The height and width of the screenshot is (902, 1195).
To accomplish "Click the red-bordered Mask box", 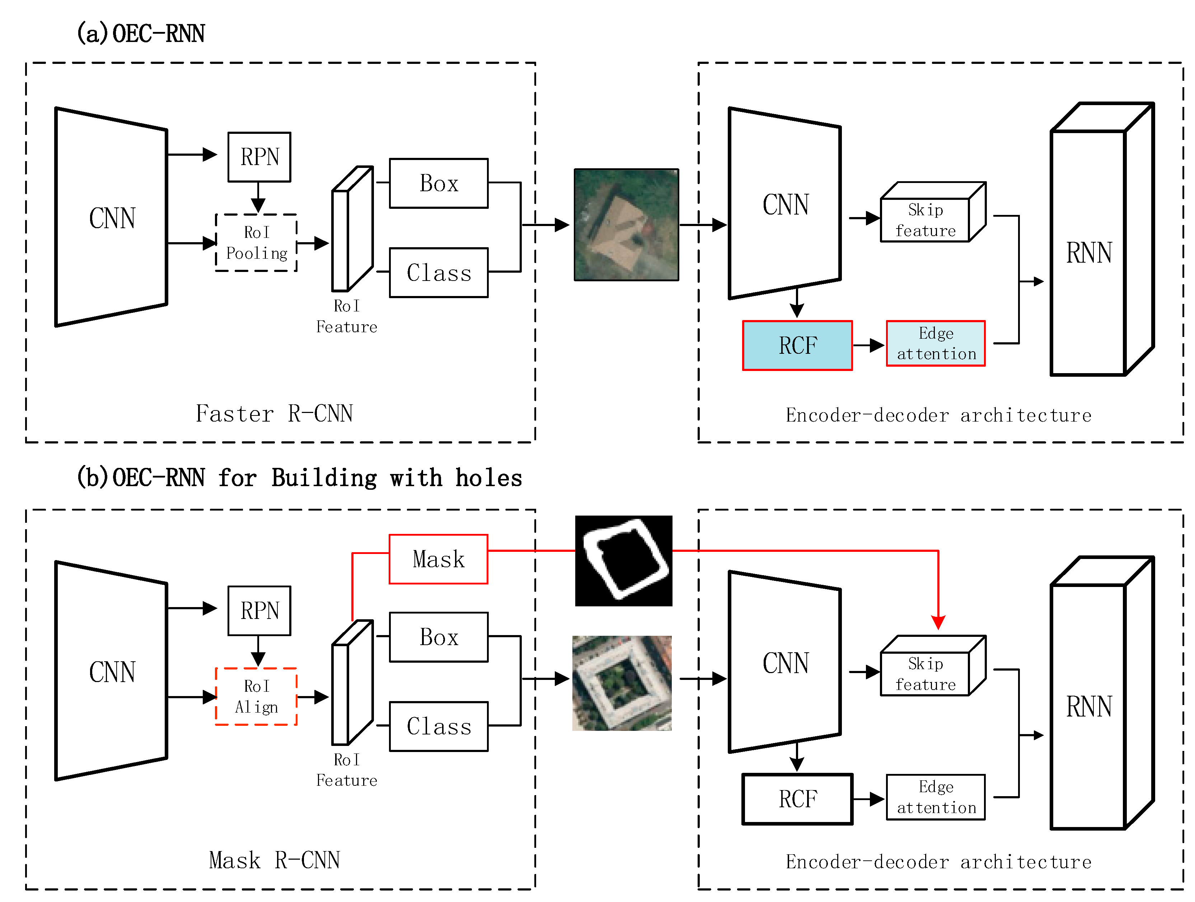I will [438, 559].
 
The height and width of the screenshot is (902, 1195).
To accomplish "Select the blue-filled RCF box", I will [797, 346].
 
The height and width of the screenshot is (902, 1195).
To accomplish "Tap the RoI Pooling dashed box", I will [256, 243].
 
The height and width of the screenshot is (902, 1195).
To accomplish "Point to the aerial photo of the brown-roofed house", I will [626, 225].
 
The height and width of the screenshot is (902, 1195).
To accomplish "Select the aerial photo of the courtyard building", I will [622, 683].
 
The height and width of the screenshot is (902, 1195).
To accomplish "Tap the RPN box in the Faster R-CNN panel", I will [259, 157].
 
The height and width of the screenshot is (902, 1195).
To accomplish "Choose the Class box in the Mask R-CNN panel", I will [438, 727].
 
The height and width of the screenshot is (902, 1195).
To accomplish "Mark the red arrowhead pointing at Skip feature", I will [938, 623].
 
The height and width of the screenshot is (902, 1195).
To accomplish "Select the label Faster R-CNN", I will [274, 414].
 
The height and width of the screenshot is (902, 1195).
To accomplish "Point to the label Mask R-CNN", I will [274, 860].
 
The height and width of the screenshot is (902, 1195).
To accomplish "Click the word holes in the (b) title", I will [488, 478].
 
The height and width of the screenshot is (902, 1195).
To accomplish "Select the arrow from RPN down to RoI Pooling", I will [258, 198].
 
